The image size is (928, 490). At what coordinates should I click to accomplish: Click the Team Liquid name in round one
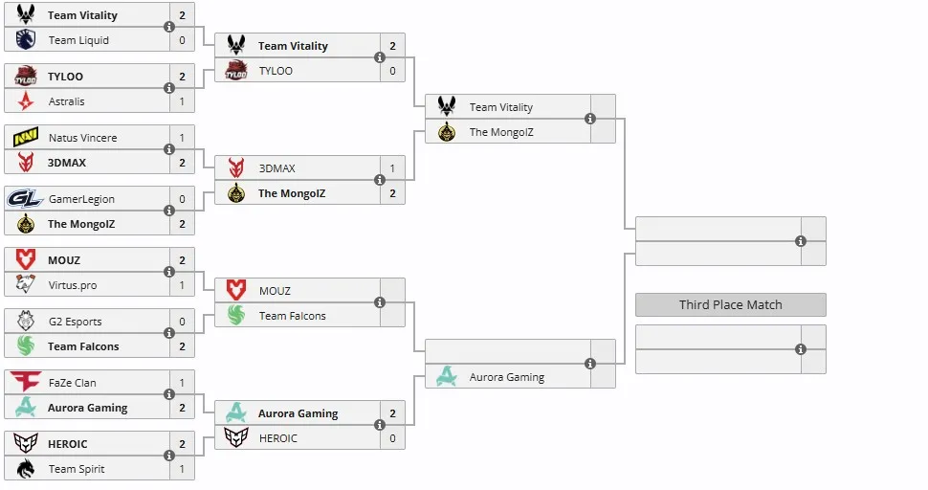[x=78, y=40]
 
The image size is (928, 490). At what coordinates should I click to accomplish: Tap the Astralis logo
[x=26, y=101]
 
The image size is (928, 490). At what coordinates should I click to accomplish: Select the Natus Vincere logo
[x=26, y=137]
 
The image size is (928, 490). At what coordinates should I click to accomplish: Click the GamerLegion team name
[x=81, y=199]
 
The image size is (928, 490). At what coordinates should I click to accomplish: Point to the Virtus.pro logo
[x=26, y=284]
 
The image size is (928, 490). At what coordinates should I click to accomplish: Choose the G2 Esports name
[x=76, y=322]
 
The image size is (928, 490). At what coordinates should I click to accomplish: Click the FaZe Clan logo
[x=26, y=382]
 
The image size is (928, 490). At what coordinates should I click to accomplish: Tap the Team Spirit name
[x=77, y=469]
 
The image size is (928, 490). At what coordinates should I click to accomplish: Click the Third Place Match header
[x=730, y=304]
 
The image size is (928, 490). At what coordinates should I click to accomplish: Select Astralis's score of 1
[x=182, y=101]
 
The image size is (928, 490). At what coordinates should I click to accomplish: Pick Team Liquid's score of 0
[x=182, y=40]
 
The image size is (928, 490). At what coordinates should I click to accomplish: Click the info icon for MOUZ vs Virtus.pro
[x=169, y=272]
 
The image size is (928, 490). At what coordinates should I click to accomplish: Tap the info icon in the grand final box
[x=801, y=241]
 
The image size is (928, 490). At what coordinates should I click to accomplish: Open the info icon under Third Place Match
[x=801, y=349]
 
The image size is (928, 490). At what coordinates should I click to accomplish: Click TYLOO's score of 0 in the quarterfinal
[x=392, y=71]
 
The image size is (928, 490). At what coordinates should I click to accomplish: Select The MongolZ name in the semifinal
[x=501, y=132]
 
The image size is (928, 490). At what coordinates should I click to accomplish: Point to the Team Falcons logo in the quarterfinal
[x=236, y=316]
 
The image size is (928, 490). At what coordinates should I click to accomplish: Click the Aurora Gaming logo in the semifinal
[x=446, y=376]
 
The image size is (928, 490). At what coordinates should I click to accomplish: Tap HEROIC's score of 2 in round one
[x=182, y=444]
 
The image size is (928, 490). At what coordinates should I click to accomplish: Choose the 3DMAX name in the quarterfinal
[x=277, y=168]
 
